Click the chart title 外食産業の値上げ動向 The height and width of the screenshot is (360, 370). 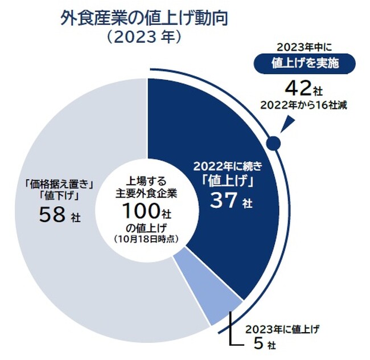point(145,19)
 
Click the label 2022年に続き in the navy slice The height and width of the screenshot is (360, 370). point(227,167)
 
